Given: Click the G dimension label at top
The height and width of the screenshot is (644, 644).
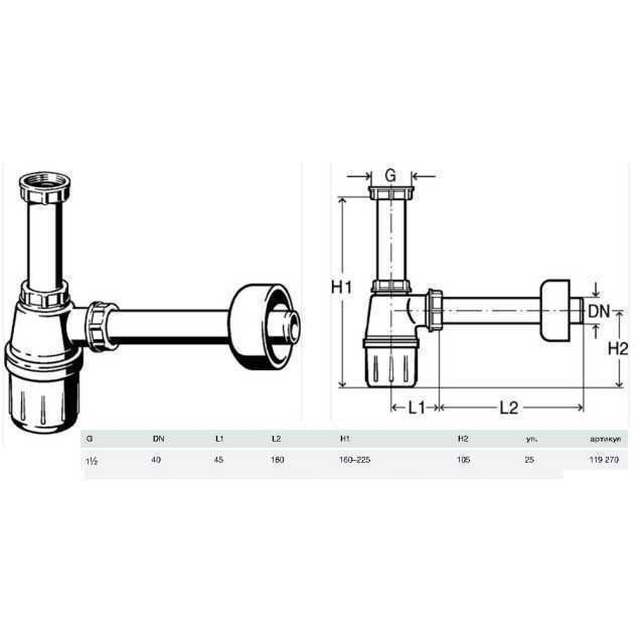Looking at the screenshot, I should [391, 176].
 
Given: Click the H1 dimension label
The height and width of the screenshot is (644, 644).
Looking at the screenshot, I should [342, 288].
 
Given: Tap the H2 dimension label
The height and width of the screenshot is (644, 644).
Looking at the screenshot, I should [618, 349].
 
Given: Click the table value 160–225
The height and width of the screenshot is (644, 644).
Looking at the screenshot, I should [355, 460].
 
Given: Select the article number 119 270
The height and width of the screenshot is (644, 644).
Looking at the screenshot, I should [604, 460].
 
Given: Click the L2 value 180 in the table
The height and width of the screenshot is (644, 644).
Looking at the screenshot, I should [277, 460].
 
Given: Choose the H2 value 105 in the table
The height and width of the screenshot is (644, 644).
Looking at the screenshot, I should [463, 460].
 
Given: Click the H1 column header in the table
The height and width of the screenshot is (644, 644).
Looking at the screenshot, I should [345, 439].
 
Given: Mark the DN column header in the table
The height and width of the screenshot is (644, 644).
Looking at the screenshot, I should [158, 439].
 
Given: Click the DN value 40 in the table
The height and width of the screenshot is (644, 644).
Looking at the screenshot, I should [156, 460].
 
